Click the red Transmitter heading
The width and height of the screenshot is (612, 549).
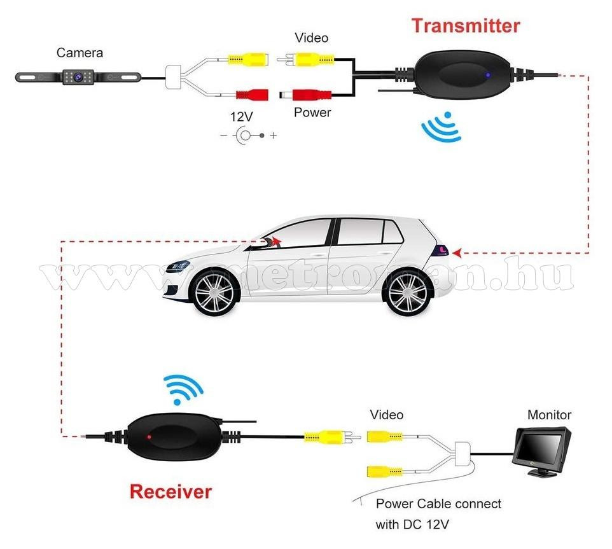(x=465, y=26)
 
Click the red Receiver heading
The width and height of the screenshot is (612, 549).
(x=170, y=491)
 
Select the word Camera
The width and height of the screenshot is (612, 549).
(x=80, y=53)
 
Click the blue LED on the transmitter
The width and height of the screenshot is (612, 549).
(x=487, y=74)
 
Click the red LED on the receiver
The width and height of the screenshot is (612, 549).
(x=149, y=438)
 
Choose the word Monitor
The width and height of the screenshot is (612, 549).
(x=549, y=415)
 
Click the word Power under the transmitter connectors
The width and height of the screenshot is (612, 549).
(x=312, y=113)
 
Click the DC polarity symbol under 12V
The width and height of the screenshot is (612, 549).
(x=248, y=136)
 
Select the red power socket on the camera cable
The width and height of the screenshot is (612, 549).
(x=252, y=95)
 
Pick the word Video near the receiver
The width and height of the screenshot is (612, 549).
(x=386, y=415)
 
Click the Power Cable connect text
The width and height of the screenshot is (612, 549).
(x=438, y=504)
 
